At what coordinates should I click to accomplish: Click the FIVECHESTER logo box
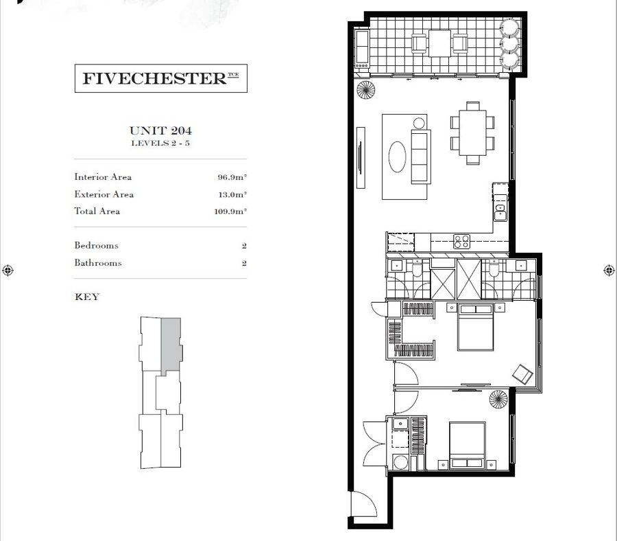(x=161, y=78)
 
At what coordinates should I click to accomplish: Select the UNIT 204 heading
(x=160, y=130)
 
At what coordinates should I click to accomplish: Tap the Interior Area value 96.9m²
(x=232, y=177)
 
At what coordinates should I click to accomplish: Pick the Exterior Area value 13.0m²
(x=232, y=194)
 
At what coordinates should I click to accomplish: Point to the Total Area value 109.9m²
(x=230, y=211)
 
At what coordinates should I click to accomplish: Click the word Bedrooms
(x=97, y=245)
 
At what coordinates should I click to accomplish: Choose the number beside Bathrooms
(x=244, y=263)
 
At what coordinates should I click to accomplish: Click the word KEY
(x=87, y=297)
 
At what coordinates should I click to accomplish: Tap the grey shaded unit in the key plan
(x=171, y=345)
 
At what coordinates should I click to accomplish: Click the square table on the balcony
(x=439, y=43)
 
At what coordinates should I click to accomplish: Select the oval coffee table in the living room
(x=397, y=157)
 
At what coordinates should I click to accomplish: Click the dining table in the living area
(x=472, y=133)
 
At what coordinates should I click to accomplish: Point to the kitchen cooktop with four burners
(x=461, y=242)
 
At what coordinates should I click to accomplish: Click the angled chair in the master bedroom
(x=523, y=374)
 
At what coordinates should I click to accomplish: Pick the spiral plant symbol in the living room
(x=366, y=90)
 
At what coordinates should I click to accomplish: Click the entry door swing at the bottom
(x=363, y=504)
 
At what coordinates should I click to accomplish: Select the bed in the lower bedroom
(x=467, y=446)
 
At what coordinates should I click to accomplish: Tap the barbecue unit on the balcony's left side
(x=362, y=49)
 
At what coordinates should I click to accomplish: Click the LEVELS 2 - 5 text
(x=160, y=143)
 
